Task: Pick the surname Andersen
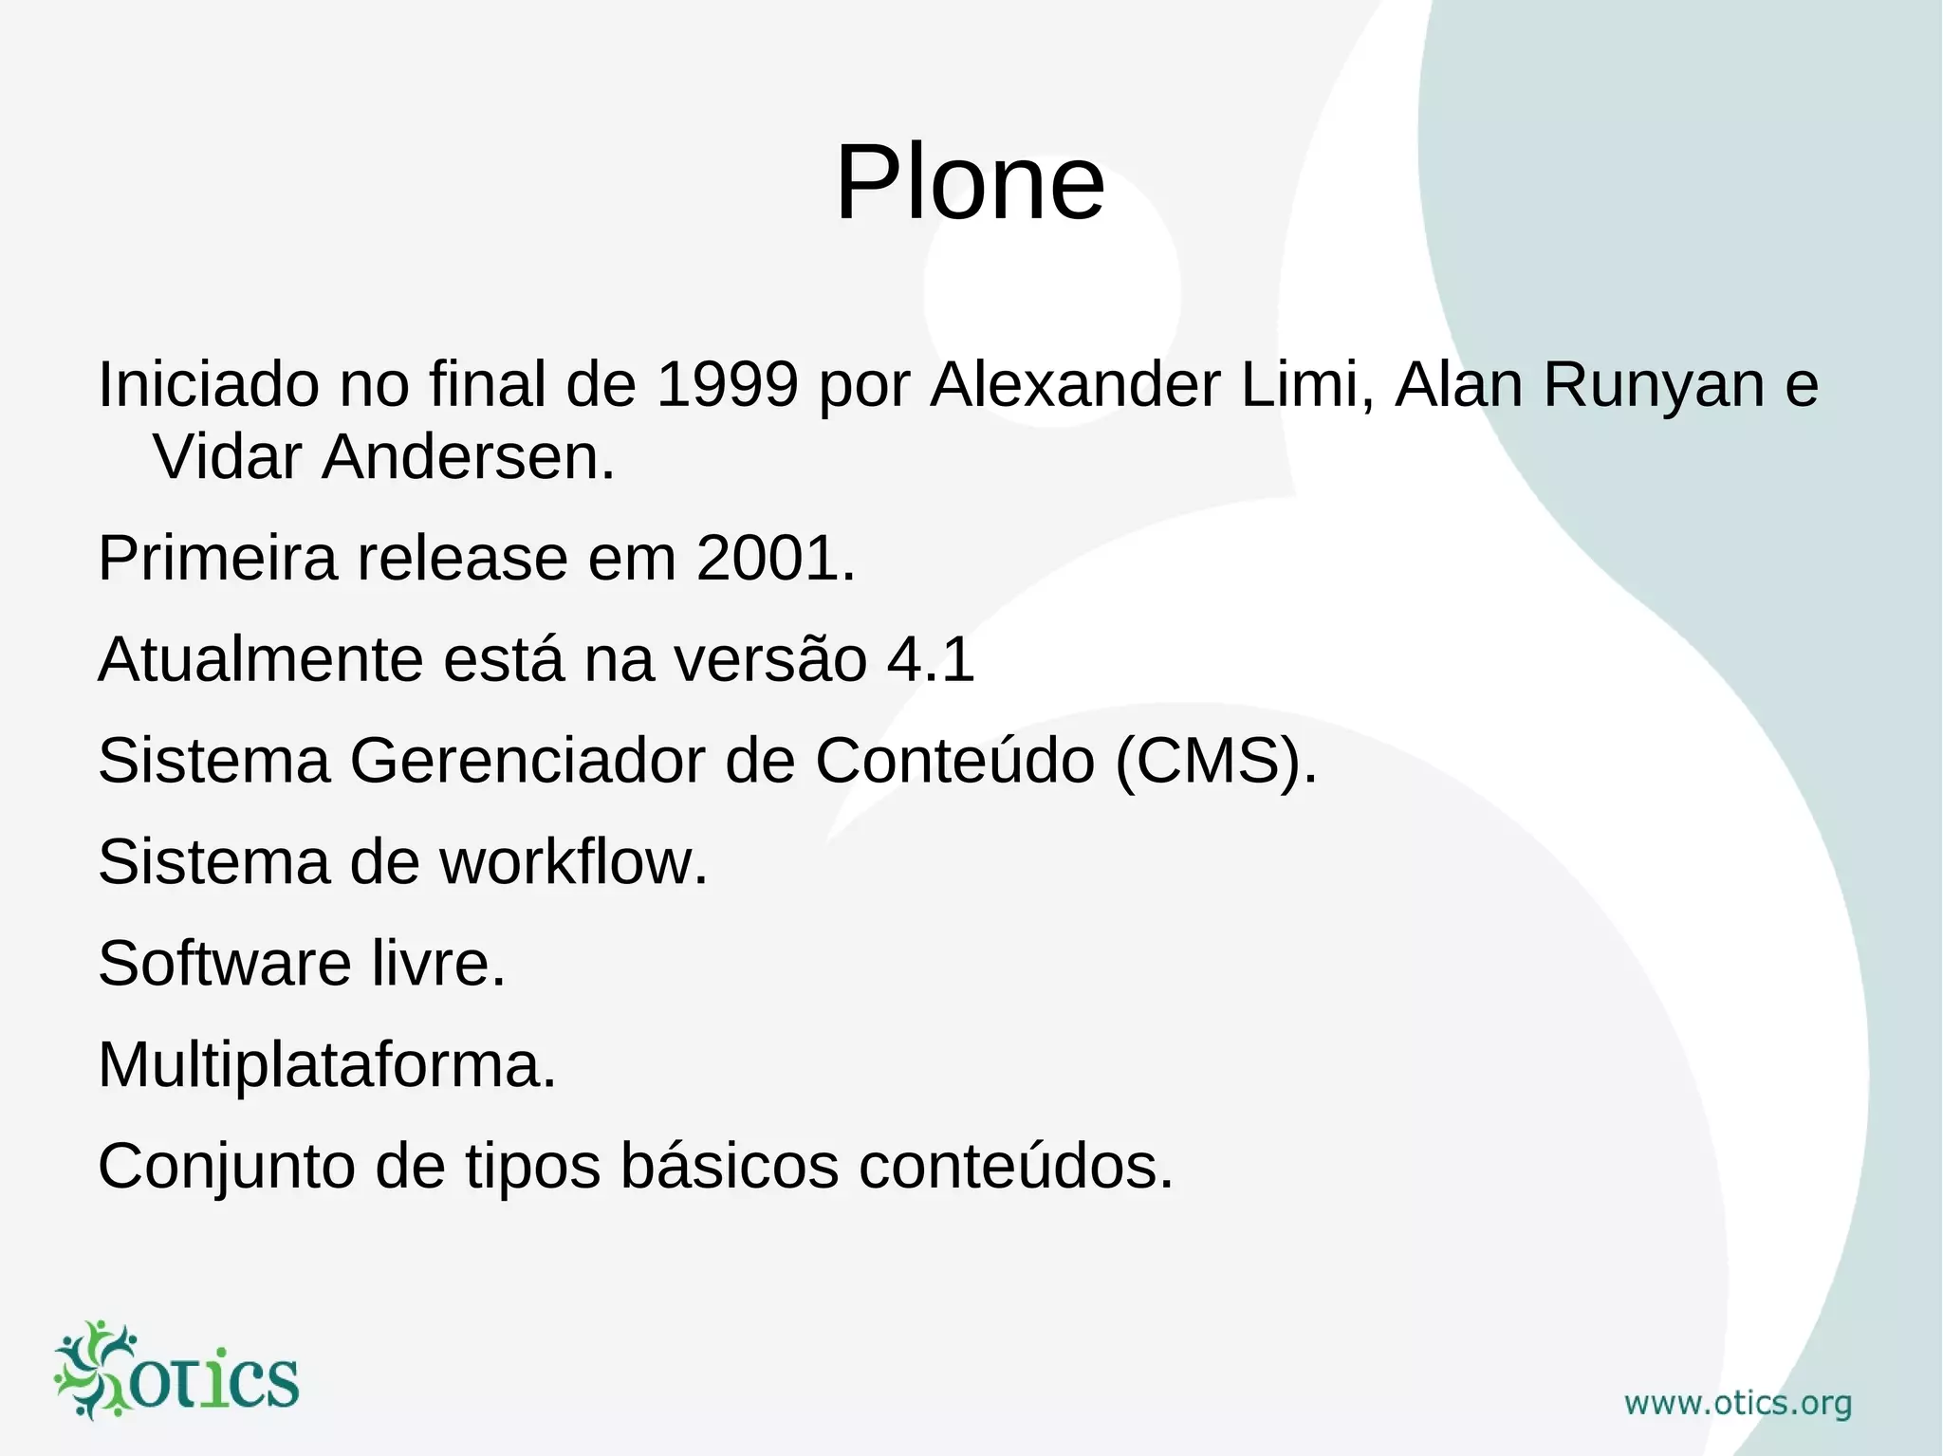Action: [x=469, y=457]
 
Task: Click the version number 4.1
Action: [x=930, y=659]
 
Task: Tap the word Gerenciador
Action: [x=527, y=761]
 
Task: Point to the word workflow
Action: [x=573, y=862]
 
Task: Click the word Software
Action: [x=225, y=964]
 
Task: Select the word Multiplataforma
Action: [x=327, y=1065]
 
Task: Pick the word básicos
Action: [x=730, y=1165]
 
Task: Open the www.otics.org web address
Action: [x=1738, y=1403]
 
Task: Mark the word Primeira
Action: [x=217, y=558]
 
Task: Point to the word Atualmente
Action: [x=260, y=659]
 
